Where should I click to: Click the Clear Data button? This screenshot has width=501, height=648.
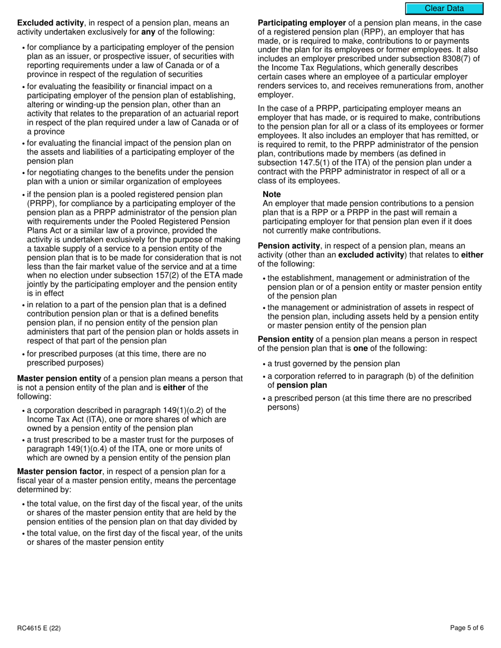pos(444,8)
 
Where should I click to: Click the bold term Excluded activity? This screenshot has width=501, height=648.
pos(50,23)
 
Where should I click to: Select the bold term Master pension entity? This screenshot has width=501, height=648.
pos(59,378)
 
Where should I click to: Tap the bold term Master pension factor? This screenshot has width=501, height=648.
pos(60,472)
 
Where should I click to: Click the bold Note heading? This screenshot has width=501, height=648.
pos(272,194)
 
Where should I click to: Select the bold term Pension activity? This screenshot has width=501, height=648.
pos(288,246)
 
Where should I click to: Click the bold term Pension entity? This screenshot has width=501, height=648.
pos(285,339)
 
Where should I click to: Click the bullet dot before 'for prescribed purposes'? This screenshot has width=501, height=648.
pos(23,355)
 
